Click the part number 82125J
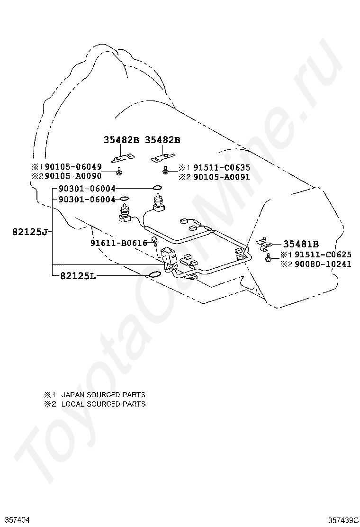[29, 232]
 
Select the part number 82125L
[78, 275]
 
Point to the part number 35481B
[301, 245]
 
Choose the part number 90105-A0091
[220, 177]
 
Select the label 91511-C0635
[220, 167]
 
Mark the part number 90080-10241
[323, 263]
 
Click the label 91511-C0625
[323, 254]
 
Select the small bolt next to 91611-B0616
[154, 242]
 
